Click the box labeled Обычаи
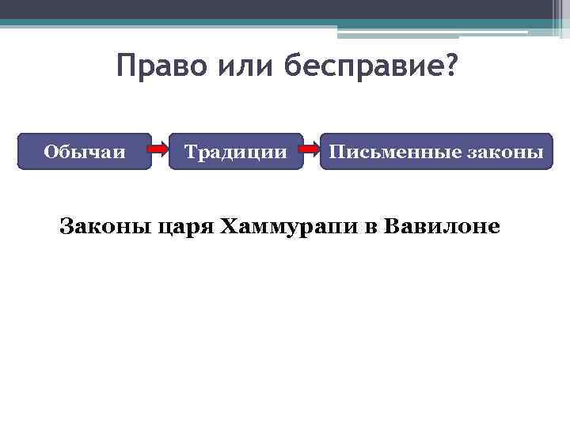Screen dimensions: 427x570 click(85, 152)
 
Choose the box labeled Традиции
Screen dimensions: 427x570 click(236, 152)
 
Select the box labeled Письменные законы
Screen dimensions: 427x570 click(436, 152)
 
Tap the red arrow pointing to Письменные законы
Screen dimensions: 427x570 click(312, 150)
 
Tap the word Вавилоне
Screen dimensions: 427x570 click(442, 228)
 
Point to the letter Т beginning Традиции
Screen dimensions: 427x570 click(190, 152)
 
